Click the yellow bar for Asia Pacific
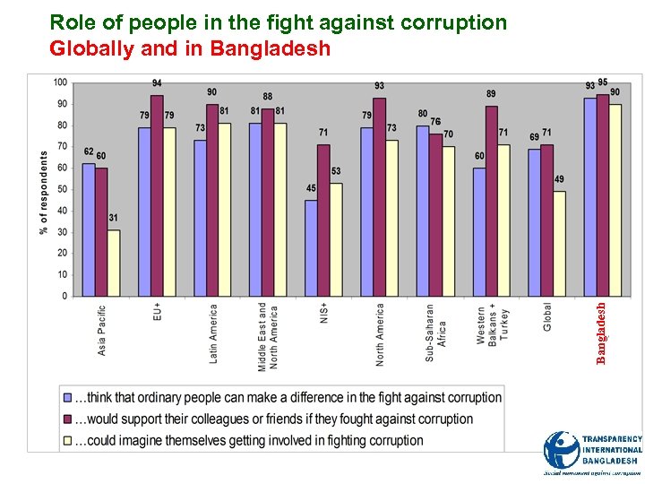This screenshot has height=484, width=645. [113, 263]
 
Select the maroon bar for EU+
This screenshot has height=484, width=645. [157, 195]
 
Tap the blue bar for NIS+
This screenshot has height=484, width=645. [311, 247]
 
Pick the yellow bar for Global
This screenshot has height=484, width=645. [559, 243]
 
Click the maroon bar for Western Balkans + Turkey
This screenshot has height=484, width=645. [491, 201]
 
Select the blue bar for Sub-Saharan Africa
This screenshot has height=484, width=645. [422, 211]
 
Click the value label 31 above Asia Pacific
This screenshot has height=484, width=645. [113, 218]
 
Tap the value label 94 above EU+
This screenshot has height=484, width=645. [157, 83]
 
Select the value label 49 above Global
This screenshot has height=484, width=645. [559, 179]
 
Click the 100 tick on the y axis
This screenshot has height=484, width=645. [59, 82]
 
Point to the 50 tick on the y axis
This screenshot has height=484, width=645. [62, 189]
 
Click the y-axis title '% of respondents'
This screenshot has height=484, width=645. [44, 193]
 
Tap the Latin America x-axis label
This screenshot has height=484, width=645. [213, 333]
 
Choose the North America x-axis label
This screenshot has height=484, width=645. [380, 334]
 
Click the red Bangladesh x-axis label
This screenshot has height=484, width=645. [603, 333]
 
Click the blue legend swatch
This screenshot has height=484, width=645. [66, 397]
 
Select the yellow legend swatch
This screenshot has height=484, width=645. [66, 440]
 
